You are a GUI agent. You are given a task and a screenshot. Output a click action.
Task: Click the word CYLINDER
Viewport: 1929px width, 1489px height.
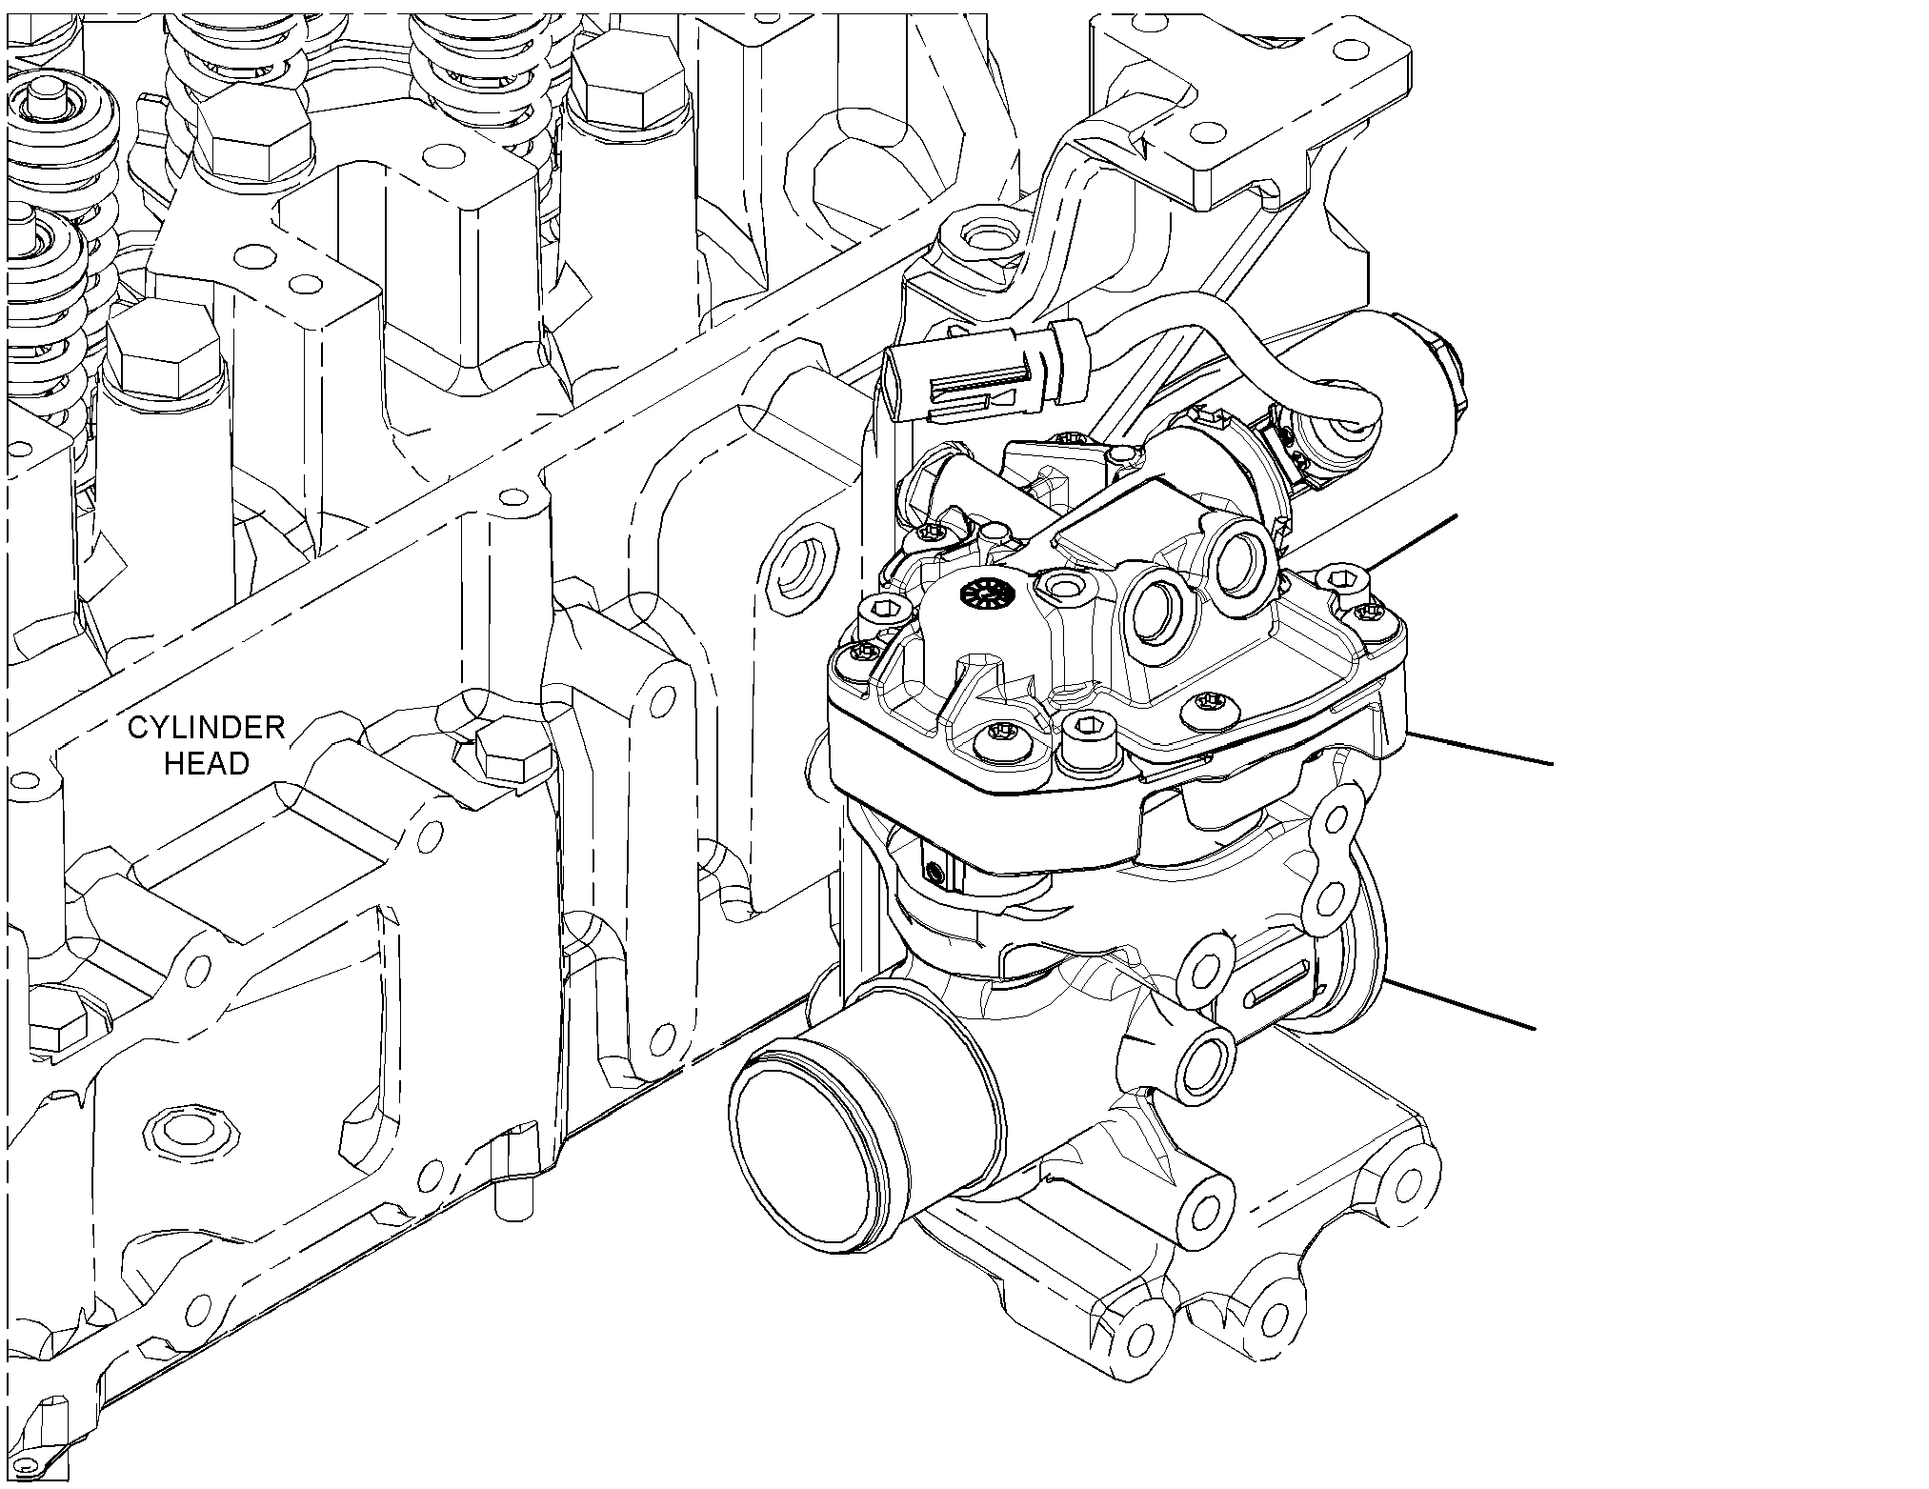click(207, 729)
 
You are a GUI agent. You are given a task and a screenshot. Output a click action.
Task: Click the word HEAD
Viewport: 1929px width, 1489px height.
click(207, 763)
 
